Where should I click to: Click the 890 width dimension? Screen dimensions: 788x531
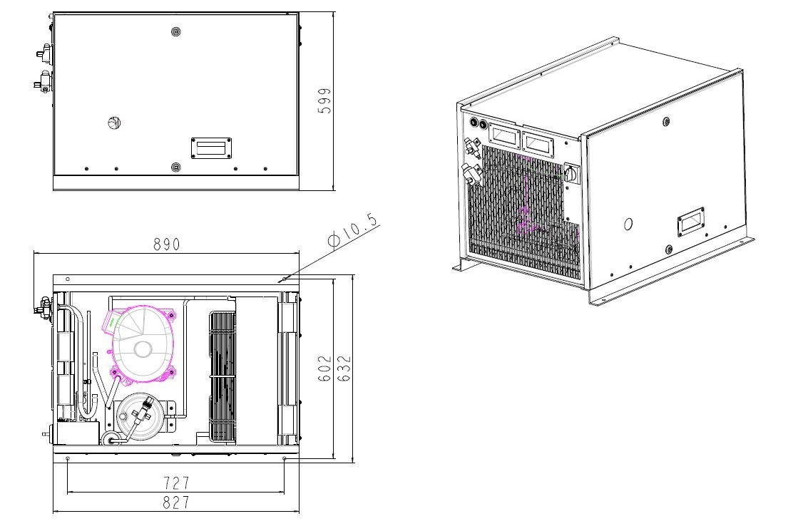(x=166, y=244)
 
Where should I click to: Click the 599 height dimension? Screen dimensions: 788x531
(x=325, y=101)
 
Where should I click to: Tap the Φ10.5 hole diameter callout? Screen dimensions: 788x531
(x=353, y=230)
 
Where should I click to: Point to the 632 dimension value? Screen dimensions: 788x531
(x=344, y=368)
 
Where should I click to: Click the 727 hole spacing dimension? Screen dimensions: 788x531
(x=176, y=483)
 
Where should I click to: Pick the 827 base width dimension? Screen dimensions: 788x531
(x=176, y=502)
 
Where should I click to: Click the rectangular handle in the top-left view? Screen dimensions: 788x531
(x=211, y=148)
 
